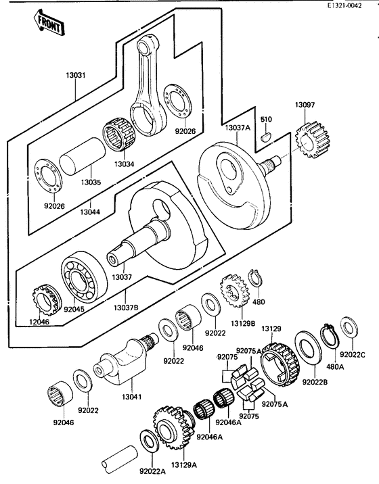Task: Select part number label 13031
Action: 76,76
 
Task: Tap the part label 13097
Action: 305,105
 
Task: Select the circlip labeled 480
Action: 257,278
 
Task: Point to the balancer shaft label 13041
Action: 131,397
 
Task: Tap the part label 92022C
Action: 353,354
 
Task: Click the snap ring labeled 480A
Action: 331,335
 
